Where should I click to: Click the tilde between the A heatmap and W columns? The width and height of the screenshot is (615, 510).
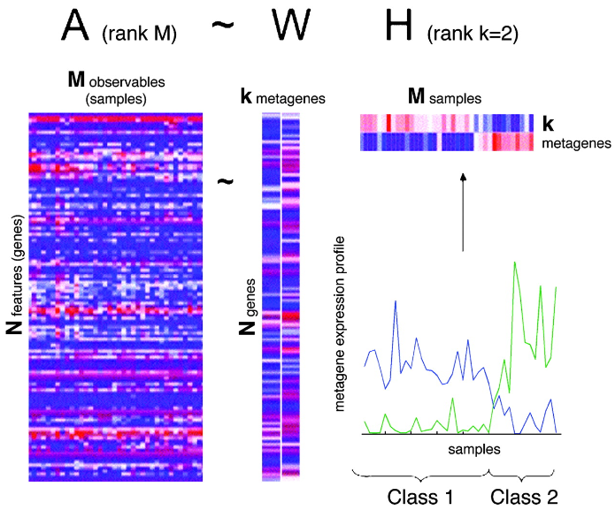coord(227,181)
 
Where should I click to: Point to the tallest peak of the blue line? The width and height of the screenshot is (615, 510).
coord(395,302)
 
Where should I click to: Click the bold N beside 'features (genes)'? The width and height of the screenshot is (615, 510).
coord(14,328)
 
